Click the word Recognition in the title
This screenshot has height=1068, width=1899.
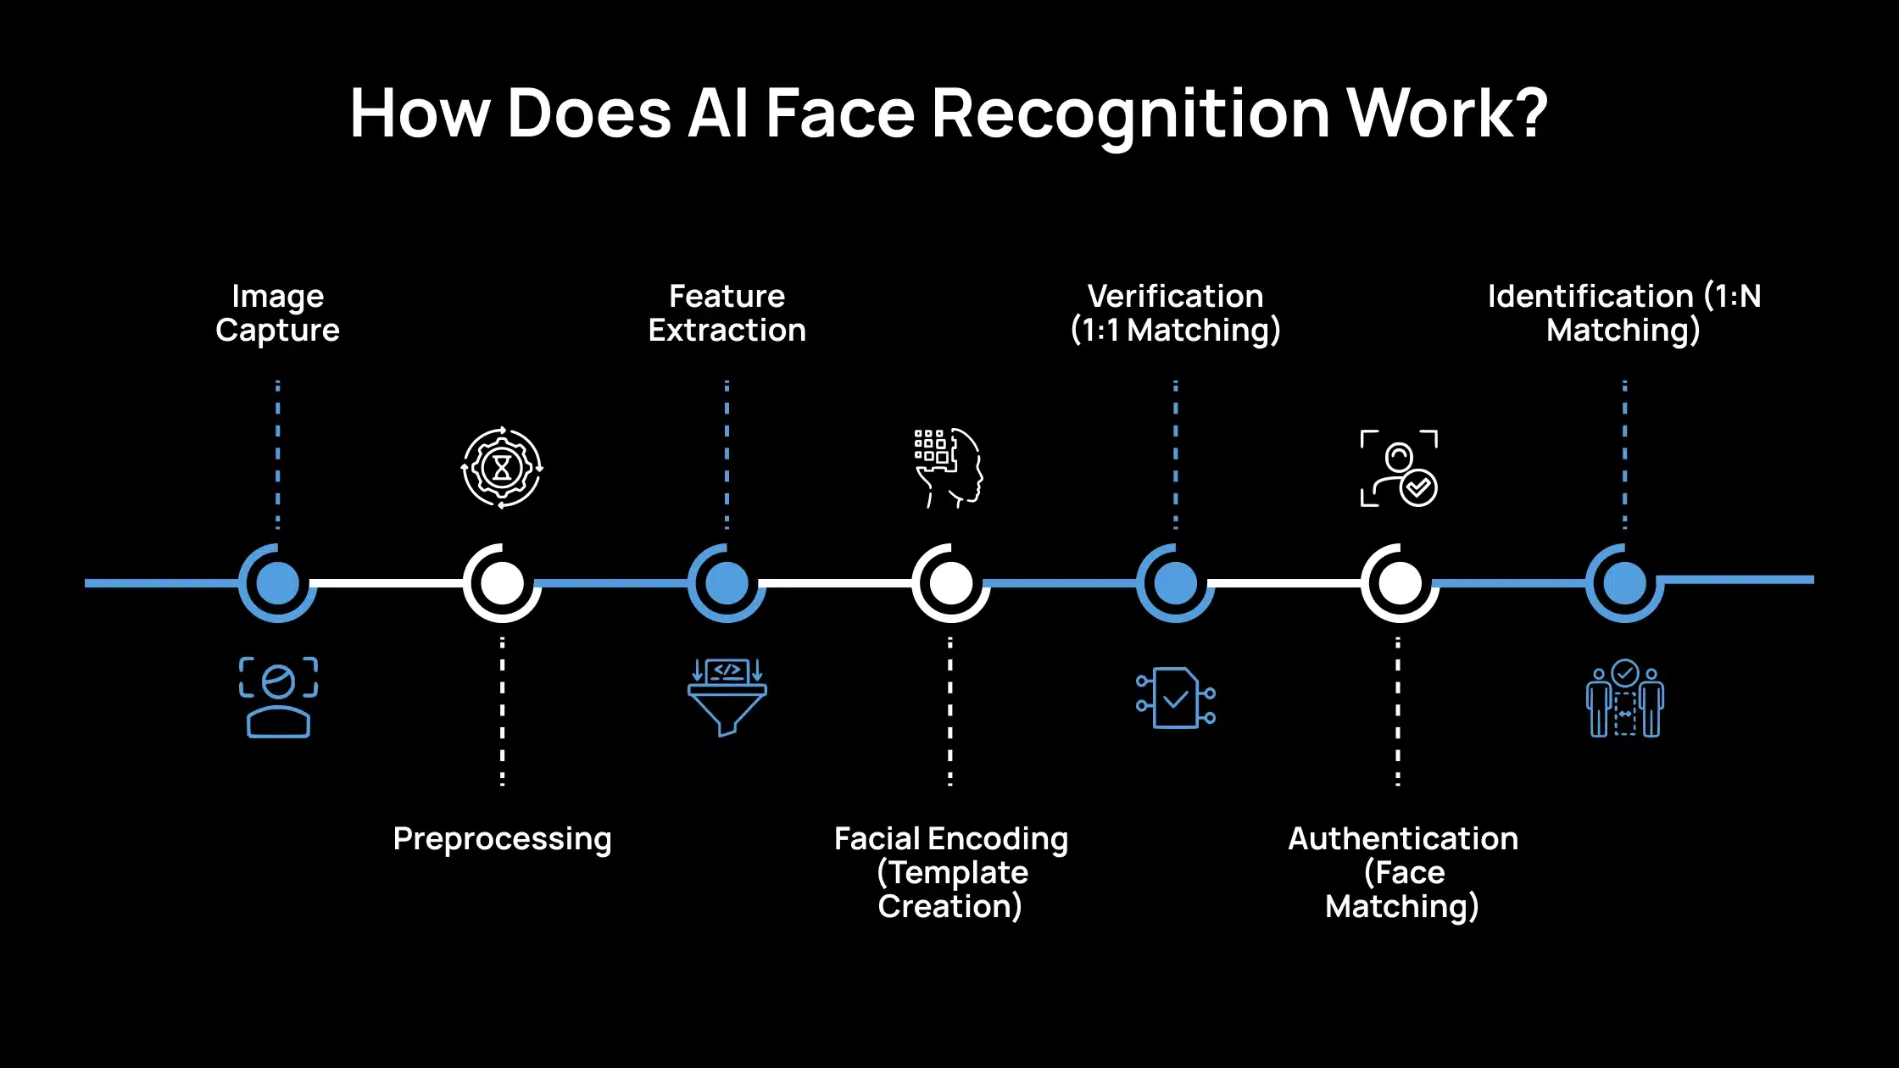coord(1131,114)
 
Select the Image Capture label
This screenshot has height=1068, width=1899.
coord(277,313)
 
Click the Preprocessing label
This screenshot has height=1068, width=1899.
coord(502,839)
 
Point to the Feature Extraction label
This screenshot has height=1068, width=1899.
coord(727,313)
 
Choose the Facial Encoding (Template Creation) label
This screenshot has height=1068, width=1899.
coord(950,872)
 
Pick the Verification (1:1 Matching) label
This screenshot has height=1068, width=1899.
coord(1175,313)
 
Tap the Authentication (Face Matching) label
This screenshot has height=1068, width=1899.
coord(1402,872)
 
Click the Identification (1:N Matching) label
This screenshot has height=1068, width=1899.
coord(1623,313)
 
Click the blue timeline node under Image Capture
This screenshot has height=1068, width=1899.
coord(277,583)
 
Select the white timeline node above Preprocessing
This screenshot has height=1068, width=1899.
coord(502,583)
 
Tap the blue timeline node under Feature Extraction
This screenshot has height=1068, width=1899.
coord(727,583)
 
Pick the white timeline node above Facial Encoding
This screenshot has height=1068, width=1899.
coord(950,583)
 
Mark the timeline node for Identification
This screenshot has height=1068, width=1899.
coord(1624,583)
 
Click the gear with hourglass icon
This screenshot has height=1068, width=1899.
coord(502,468)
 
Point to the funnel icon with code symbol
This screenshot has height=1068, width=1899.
coord(727,697)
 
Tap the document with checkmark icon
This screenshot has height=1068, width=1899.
coord(1176,698)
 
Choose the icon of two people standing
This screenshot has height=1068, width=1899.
coord(1624,698)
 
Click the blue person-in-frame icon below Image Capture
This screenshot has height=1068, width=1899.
coord(278,697)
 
